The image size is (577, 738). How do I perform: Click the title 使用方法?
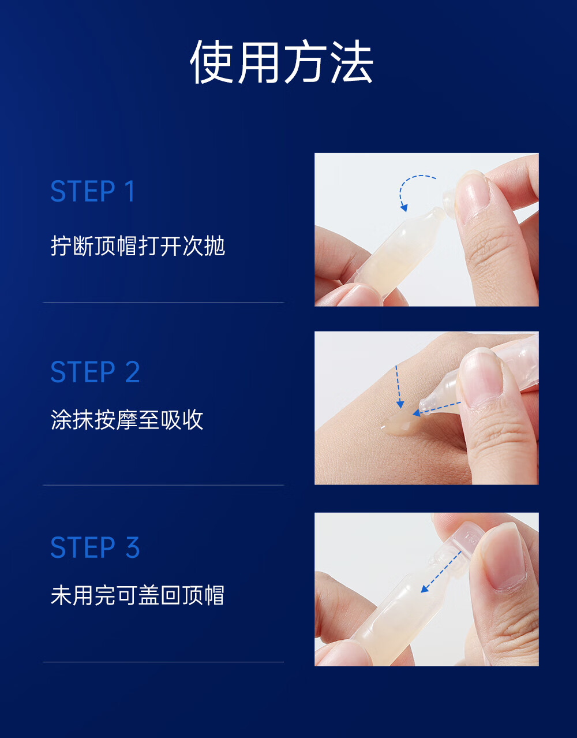click(282, 62)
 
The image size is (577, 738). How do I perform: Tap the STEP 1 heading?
click(92, 191)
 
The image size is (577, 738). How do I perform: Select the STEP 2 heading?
click(95, 372)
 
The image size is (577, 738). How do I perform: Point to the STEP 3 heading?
click(95, 547)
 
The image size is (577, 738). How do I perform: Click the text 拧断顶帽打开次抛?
click(138, 245)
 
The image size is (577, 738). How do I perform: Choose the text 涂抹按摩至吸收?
click(127, 420)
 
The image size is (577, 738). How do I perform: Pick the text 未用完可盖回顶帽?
click(137, 595)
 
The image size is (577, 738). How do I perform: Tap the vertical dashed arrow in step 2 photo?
click(399, 387)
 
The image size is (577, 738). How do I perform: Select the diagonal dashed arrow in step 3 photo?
click(441, 572)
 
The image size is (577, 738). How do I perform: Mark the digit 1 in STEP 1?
click(130, 191)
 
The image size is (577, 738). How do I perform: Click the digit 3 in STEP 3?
click(133, 547)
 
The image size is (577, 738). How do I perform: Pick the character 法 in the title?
click(352, 62)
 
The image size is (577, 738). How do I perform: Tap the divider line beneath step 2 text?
click(163, 485)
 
